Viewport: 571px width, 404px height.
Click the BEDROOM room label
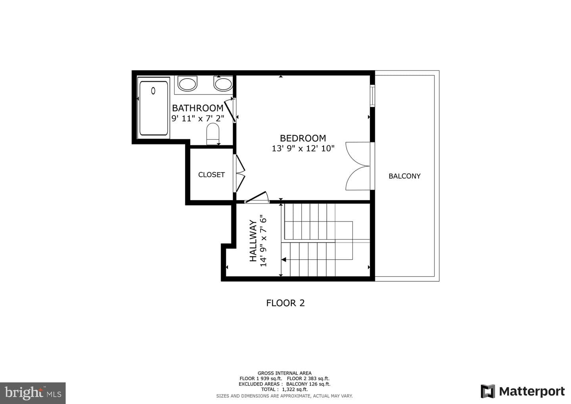click(x=303, y=138)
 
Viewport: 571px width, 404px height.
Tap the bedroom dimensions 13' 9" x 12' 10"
click(x=303, y=148)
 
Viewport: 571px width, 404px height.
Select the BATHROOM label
click(x=198, y=108)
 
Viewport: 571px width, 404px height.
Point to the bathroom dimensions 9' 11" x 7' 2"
click(x=198, y=118)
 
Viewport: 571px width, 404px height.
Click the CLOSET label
click(x=212, y=175)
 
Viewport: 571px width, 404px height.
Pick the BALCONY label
click(x=404, y=176)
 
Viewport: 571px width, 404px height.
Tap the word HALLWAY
click(x=253, y=241)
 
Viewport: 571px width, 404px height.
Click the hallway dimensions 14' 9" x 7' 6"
click(x=263, y=241)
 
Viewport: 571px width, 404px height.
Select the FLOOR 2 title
click(x=285, y=303)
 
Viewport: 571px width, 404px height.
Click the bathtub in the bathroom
click(x=154, y=108)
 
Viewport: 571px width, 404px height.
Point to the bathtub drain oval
click(x=153, y=91)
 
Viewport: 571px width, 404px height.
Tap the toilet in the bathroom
click(x=213, y=134)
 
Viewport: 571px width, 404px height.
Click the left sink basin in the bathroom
click(x=187, y=83)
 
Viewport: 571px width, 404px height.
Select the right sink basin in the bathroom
click(x=223, y=83)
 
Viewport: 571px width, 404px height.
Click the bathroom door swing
click(x=230, y=110)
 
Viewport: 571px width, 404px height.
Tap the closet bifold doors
click(x=240, y=173)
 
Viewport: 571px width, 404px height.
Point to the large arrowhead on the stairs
click(x=284, y=260)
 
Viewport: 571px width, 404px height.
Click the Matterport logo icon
click(x=488, y=391)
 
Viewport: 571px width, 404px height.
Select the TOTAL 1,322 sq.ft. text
click(x=284, y=389)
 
